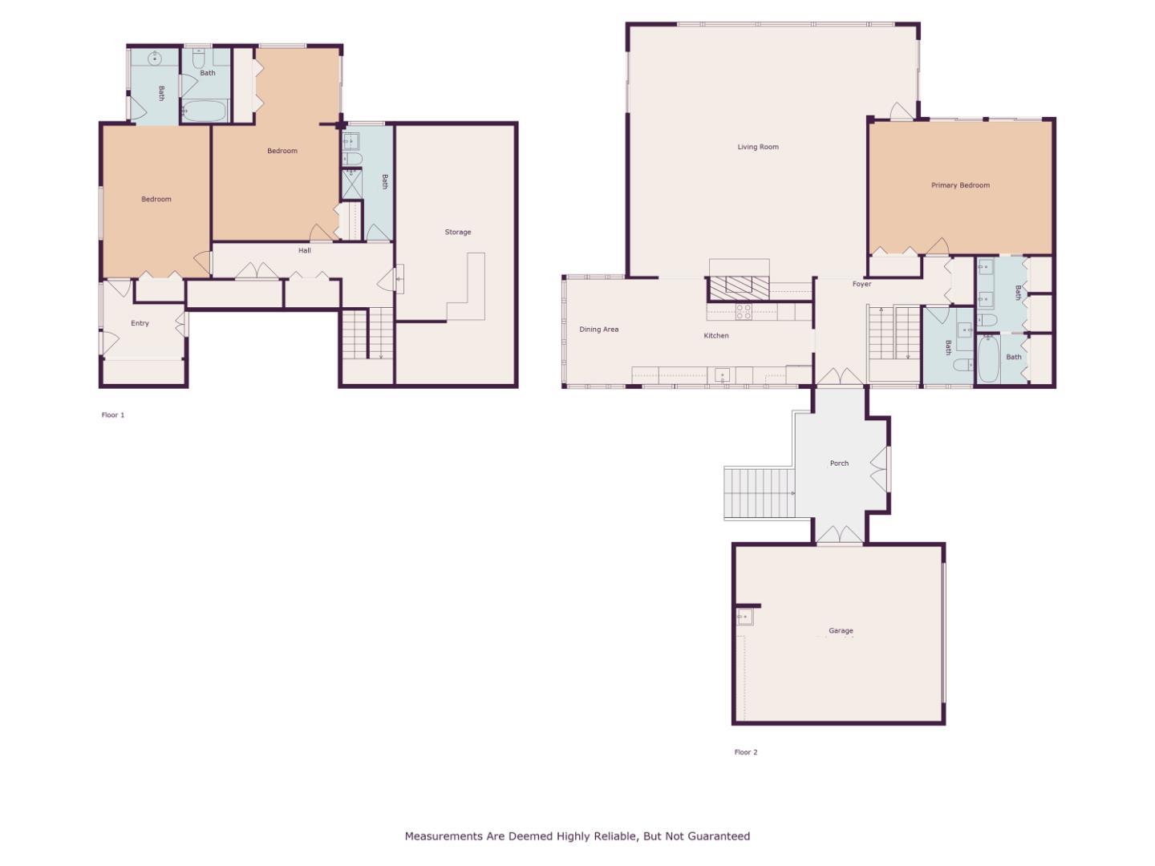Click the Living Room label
(758, 147)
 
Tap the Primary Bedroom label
(960, 185)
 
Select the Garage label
(841, 631)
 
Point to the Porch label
(839, 463)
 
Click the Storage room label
(458, 233)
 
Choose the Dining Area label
(598, 330)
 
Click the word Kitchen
(716, 336)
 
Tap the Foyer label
(861, 284)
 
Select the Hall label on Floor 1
(305, 251)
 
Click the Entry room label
(140, 323)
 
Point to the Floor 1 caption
(113, 415)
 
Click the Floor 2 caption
(745, 752)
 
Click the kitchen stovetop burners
(744, 311)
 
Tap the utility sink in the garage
(745, 617)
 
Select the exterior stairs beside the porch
(759, 493)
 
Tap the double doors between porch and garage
(840, 535)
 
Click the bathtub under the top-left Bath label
(205, 111)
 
